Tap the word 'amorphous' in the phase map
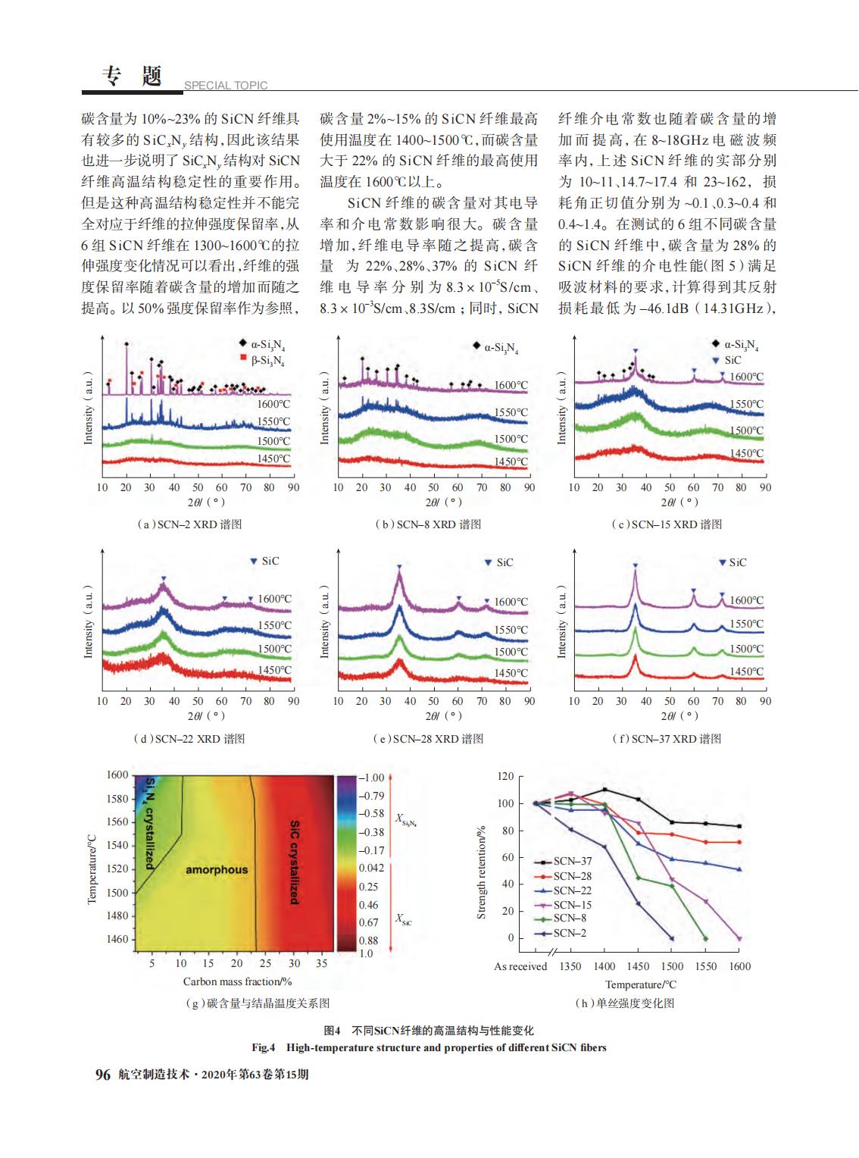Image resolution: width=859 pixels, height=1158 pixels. click(217, 869)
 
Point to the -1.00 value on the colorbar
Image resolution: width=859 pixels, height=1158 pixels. click(371, 778)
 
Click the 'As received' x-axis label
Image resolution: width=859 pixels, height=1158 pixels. click(520, 966)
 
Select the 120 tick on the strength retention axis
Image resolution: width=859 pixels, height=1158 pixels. click(506, 776)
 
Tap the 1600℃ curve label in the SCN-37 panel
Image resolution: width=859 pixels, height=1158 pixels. click(746, 600)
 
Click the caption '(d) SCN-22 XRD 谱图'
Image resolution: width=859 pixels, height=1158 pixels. click(189, 739)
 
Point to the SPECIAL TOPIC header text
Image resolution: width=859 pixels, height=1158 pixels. click(226, 85)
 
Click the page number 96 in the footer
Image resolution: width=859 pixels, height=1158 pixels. click(103, 1074)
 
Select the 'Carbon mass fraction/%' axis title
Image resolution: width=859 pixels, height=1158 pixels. click(237, 981)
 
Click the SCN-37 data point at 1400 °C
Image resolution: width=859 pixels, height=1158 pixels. click(604, 790)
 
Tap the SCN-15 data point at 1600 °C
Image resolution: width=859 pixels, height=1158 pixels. click(739, 938)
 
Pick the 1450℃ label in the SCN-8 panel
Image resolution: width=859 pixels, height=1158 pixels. click(511, 462)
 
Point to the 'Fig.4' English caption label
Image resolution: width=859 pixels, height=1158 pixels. click(263, 1047)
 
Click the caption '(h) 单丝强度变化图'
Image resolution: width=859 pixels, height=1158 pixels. click(625, 1003)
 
